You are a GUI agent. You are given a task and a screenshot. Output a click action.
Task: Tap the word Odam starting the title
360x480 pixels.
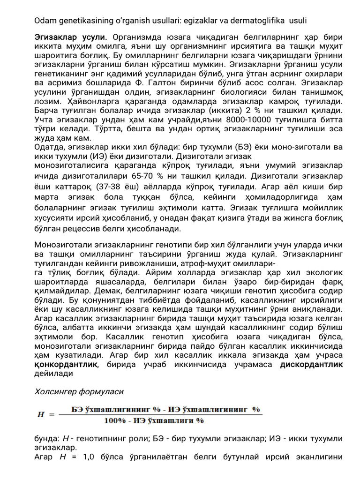pos(45,22)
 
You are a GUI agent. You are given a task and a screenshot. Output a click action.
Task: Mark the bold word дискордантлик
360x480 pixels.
pos(311,364)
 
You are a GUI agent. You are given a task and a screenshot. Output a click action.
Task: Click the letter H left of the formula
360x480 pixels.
pos(41,414)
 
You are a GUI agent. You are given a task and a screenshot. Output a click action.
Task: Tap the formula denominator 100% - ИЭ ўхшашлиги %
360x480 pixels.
pos(154,420)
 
